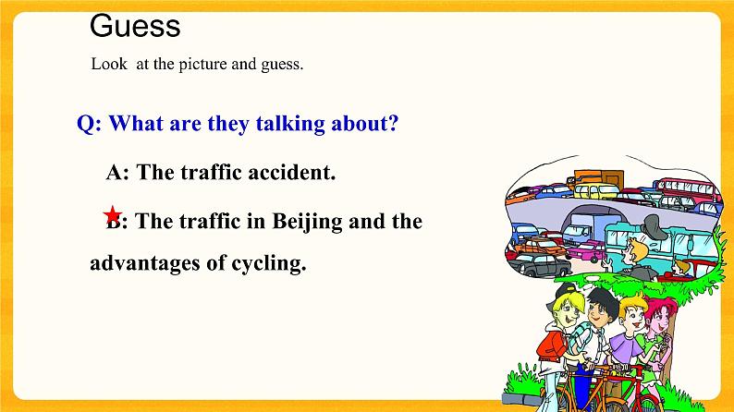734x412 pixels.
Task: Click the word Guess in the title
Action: click(135, 26)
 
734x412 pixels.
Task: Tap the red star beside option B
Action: click(112, 214)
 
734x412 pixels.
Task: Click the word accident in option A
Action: click(295, 173)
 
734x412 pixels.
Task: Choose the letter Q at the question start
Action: click(85, 125)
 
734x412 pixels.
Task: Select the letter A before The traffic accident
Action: click(115, 173)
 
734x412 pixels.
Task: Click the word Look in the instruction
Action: click(107, 66)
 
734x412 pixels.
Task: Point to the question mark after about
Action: click(393, 125)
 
